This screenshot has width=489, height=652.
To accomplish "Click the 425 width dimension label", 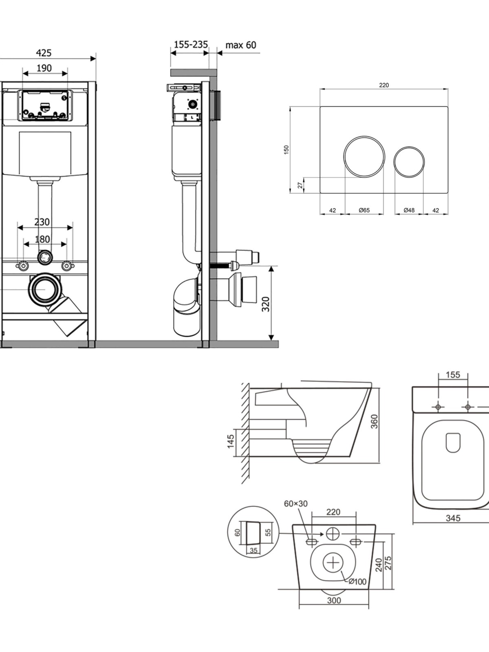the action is (x=44, y=53).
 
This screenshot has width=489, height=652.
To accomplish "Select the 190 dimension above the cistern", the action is (x=44, y=68).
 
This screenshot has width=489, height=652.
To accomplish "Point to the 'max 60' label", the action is (x=240, y=45).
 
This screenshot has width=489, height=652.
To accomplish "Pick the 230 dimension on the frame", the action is (x=42, y=222).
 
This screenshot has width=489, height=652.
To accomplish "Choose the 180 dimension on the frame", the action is (x=42, y=239).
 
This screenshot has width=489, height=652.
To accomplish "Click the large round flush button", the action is (x=364, y=156).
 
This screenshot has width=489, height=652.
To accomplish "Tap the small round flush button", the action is (x=409, y=162).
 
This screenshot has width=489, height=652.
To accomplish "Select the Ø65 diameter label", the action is (x=364, y=210).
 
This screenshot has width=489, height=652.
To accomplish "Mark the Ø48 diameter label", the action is (x=409, y=210).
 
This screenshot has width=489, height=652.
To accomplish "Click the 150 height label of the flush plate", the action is (x=286, y=150).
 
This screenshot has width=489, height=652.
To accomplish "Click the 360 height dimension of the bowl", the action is (x=374, y=421).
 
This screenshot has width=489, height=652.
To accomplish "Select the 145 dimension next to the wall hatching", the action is (x=231, y=441).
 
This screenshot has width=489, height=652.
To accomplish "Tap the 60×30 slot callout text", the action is (x=296, y=504).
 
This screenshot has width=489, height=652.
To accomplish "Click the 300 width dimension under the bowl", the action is (x=334, y=600).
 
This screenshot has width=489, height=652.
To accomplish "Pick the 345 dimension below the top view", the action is (x=453, y=518).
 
